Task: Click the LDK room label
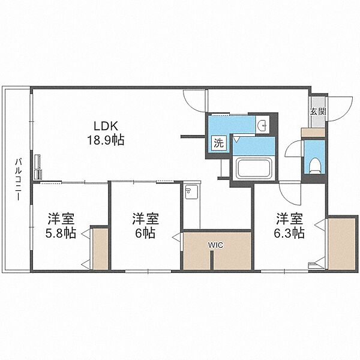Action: [x=106, y=126]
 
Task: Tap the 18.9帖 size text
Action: [x=106, y=140]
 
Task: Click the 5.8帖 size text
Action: [x=61, y=233]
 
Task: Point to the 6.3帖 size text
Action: [x=290, y=233]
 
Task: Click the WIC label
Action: [x=215, y=245]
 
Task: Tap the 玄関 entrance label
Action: [x=318, y=112]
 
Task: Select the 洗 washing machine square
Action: [x=218, y=143]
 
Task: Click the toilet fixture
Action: [x=314, y=166]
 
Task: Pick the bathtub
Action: [x=254, y=168]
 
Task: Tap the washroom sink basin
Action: [x=263, y=125]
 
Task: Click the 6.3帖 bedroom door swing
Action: [x=290, y=193]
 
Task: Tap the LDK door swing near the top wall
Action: [x=194, y=101]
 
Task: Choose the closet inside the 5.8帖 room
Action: [x=100, y=249]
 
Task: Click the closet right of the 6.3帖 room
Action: [x=341, y=244]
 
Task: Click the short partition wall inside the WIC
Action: [x=212, y=260]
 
